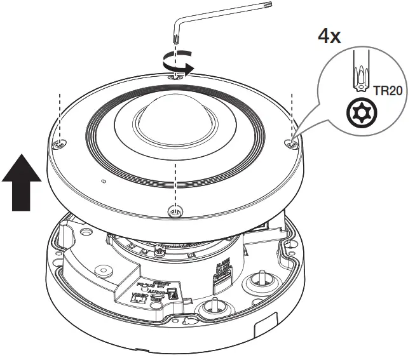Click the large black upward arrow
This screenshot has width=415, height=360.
tap(22, 181)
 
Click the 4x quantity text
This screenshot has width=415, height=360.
tap(330, 35)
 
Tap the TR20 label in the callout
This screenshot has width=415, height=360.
tap(387, 91)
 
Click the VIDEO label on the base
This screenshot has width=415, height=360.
tap(139, 295)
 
